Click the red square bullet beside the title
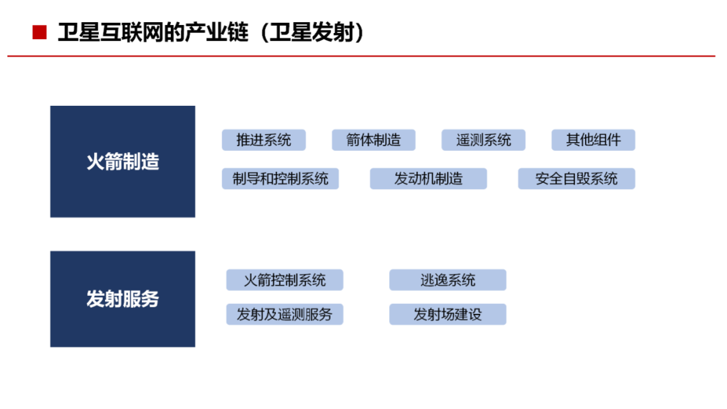tap(40, 32)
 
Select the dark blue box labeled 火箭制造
tap(123, 162)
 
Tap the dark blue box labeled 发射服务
tap(123, 299)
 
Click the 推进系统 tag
tap(264, 139)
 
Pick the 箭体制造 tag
tap(374, 139)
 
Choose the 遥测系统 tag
tap(483, 139)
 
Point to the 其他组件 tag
tap(594, 139)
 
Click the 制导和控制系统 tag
tap(281, 179)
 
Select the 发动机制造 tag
tap(428, 179)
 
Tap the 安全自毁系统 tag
tap(577, 179)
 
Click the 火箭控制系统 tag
tap(285, 280)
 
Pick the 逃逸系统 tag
tap(448, 280)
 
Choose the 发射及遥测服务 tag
tap(285, 314)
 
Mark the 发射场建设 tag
tap(448, 314)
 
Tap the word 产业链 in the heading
tap(217, 32)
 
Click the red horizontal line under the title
tap(361, 56)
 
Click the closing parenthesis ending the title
tap(359, 32)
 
